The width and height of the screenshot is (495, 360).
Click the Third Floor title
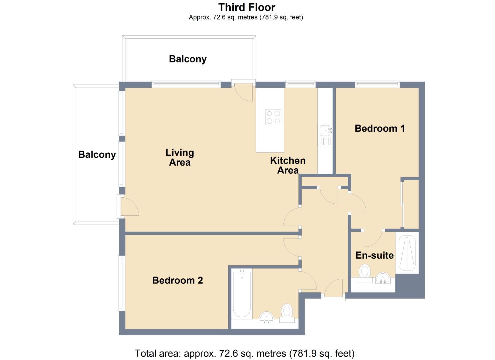point(247,7)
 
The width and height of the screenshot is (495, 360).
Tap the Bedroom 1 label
point(380,128)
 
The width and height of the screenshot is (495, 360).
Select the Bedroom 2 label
point(177,280)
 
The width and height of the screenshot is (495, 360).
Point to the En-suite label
point(375,255)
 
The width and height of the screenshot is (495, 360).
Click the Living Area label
point(180,158)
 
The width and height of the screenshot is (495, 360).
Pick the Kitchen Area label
point(288,165)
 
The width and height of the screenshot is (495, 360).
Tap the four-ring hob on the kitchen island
point(273,117)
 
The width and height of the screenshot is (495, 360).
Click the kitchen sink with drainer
point(325,135)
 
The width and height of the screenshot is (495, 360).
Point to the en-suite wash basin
point(383,278)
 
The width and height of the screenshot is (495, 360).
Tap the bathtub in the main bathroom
point(242,294)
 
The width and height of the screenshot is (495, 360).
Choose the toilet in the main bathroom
point(287,313)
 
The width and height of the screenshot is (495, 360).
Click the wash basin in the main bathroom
point(266,317)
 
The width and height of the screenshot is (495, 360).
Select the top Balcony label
point(188,59)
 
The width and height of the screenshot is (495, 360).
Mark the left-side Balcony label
point(97,155)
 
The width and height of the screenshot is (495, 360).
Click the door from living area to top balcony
point(243,92)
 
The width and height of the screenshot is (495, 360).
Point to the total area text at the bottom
point(245,353)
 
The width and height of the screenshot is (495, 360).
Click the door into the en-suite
point(373,238)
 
